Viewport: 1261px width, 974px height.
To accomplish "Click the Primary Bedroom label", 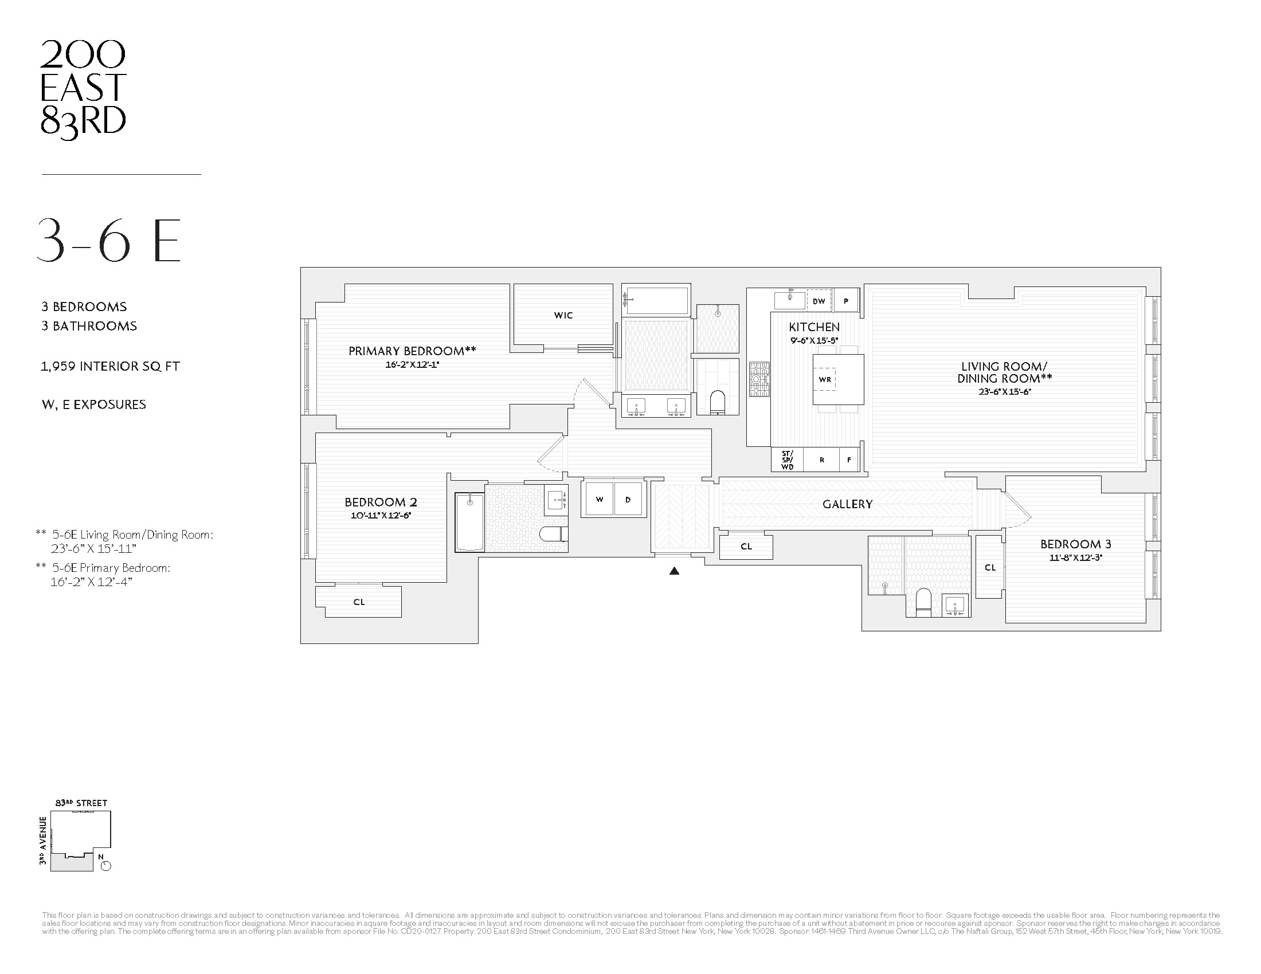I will click(412, 351).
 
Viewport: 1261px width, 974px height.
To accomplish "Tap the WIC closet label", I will click(563, 315).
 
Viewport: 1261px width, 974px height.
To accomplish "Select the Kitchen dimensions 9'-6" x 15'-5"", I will click(814, 340).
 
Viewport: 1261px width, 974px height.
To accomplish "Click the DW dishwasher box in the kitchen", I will click(819, 301).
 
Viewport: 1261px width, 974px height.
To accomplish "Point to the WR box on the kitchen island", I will click(825, 379).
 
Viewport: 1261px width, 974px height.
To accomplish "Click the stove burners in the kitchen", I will click(759, 379).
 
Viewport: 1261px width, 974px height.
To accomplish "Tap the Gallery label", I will click(847, 504).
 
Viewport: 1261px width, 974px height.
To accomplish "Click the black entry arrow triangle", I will click(674, 571).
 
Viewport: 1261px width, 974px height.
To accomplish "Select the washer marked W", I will click(600, 499).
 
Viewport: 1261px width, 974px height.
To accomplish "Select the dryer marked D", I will click(628, 499).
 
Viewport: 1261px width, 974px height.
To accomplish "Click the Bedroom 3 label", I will click(1075, 544).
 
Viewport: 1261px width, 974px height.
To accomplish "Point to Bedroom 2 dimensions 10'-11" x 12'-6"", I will click(381, 516).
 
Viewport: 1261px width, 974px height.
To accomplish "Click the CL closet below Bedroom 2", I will click(359, 602).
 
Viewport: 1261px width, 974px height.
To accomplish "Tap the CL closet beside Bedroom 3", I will click(990, 567).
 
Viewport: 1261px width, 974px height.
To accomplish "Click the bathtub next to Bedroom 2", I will click(469, 522).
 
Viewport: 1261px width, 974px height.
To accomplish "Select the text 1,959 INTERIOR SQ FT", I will click(110, 367).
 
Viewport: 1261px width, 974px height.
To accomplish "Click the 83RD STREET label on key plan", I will click(81, 803).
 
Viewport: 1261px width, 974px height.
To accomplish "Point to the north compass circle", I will click(105, 866).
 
